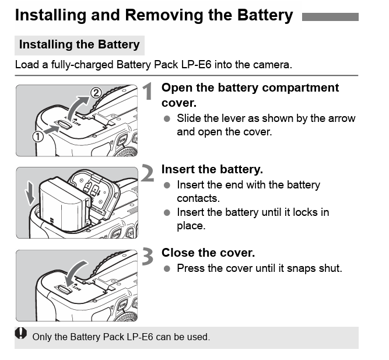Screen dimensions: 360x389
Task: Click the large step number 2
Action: [x=149, y=173]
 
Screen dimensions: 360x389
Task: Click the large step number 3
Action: [x=149, y=257]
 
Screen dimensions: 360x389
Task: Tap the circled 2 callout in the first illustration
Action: [x=97, y=92]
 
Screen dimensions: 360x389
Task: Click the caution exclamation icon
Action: [x=22, y=334]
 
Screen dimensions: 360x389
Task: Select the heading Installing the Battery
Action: [x=79, y=44]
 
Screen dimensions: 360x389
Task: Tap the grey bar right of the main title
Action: [x=330, y=17]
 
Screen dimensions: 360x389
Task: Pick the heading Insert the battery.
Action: [x=212, y=169]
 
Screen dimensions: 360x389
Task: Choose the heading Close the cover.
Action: [x=208, y=253]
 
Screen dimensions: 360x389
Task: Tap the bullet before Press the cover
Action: [x=167, y=269]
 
